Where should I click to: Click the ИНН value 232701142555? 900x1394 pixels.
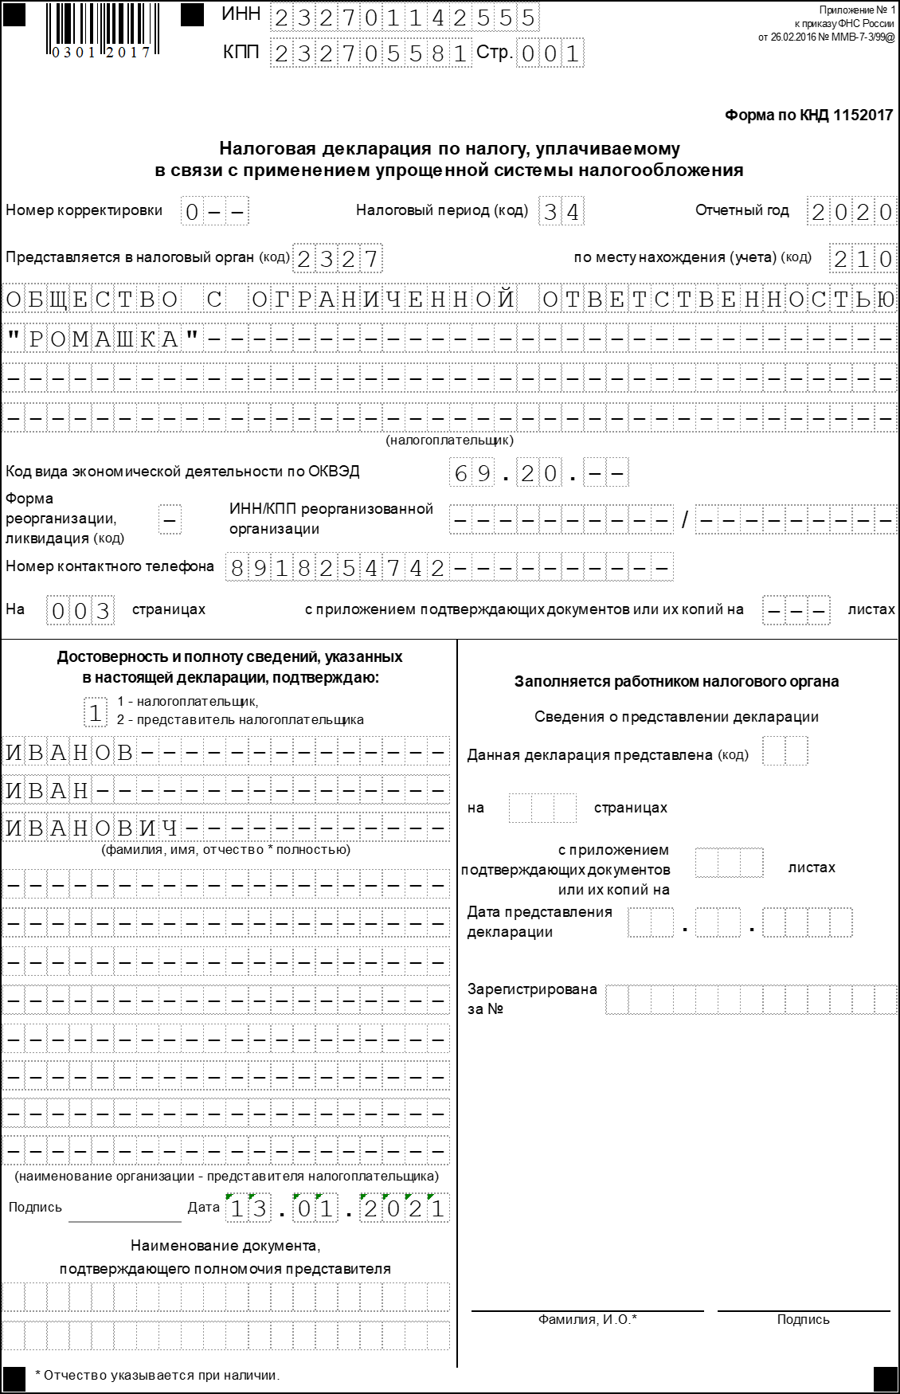coord(405,18)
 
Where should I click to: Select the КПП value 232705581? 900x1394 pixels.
coord(370,53)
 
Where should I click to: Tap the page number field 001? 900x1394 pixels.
coord(550,53)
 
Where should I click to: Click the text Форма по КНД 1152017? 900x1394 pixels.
coord(808,116)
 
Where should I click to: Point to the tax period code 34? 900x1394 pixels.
coord(562,212)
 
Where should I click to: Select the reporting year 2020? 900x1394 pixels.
coord(851,212)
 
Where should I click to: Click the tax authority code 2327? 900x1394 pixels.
coord(338,259)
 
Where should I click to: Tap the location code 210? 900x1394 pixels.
coord(863,259)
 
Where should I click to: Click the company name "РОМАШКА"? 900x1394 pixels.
coord(104,339)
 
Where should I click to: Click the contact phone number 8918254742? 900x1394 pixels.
coord(338,568)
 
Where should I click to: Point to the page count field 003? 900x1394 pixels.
coord(80,611)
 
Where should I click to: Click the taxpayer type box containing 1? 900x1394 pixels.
coord(96,712)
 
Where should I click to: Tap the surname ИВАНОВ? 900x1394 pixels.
coord(70,752)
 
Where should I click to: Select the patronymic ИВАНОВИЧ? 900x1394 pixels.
coord(92,828)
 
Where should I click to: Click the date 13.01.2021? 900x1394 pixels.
coord(338,1209)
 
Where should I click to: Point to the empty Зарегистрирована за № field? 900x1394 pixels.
coord(751,999)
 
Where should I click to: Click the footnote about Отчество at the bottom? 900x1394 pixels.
coord(158,1375)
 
